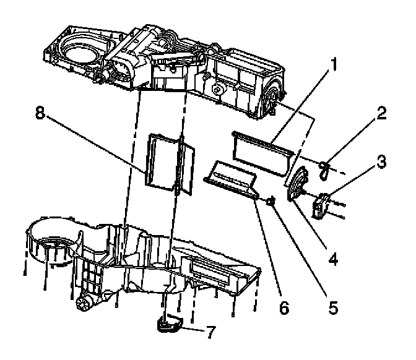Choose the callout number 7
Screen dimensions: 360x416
point(211,332)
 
